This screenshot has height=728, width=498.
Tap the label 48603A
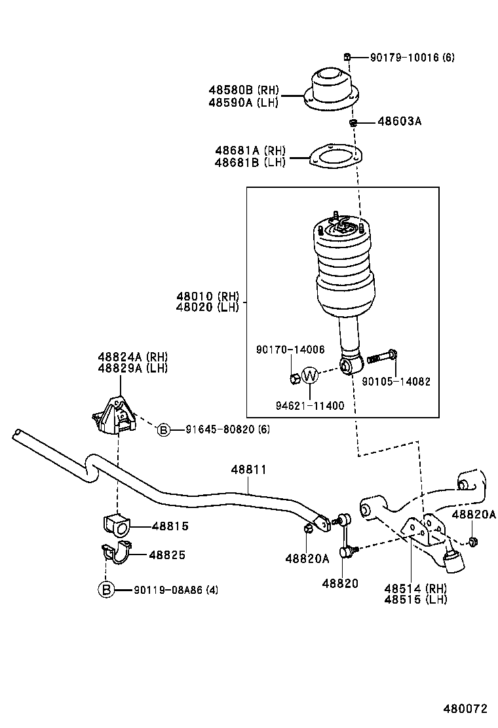[x=400, y=121]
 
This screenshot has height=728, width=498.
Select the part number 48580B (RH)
[x=244, y=90]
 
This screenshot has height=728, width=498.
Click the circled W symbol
[x=310, y=375]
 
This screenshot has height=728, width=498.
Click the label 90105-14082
[x=396, y=381]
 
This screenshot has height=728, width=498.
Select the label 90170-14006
[x=290, y=350]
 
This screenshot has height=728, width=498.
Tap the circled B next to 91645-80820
[x=163, y=429]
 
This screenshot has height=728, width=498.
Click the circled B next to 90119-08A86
[x=106, y=590]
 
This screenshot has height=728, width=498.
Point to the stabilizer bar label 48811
[x=248, y=469]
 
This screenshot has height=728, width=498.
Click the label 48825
[x=167, y=555]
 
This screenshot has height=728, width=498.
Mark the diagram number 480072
[x=465, y=709]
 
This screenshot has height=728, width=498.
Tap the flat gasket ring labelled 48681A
[x=335, y=157]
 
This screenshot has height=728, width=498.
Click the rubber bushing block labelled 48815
[x=117, y=524]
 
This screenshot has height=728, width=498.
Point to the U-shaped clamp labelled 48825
[x=117, y=553]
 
